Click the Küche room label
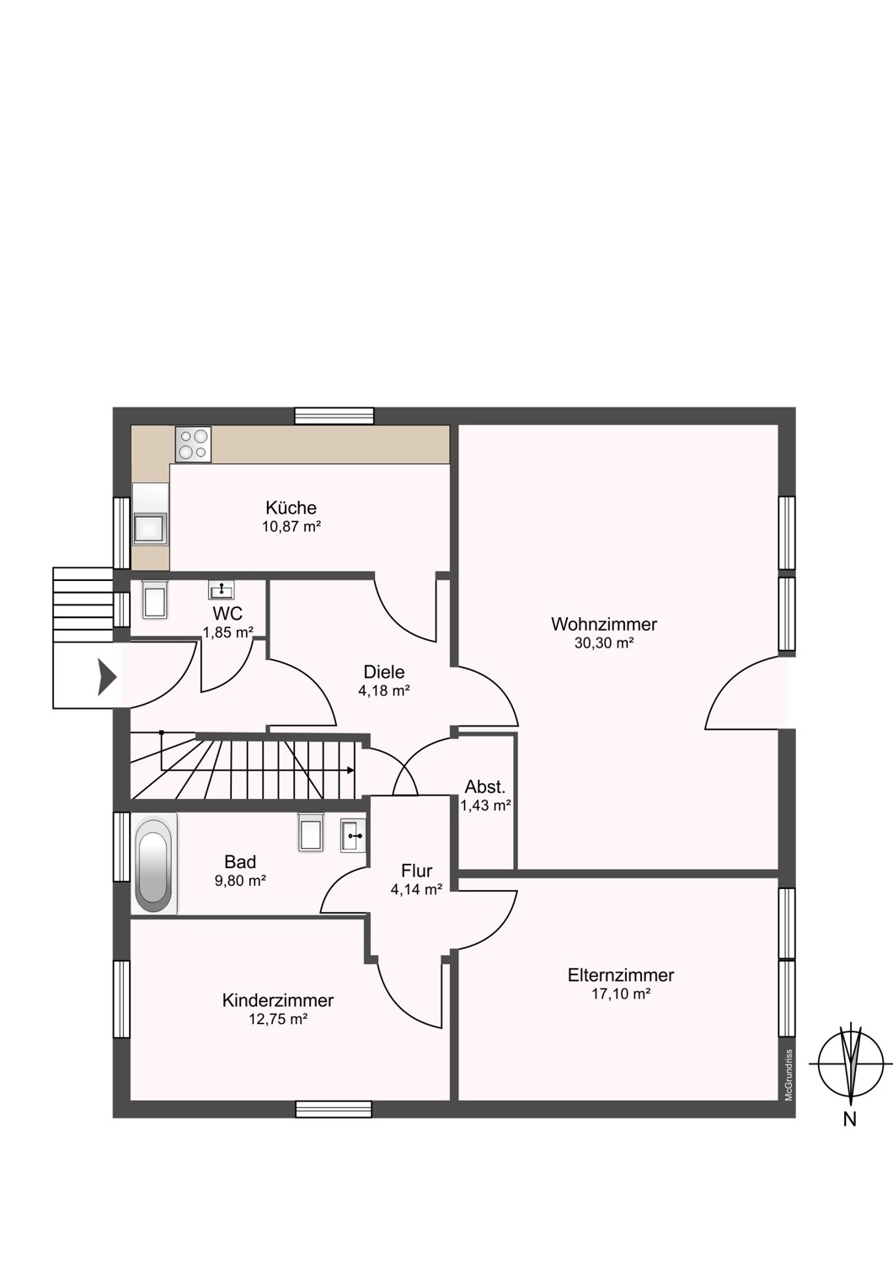291,508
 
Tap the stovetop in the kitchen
193,445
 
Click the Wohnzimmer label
604,624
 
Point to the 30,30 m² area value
604,642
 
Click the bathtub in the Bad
154,863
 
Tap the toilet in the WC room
154,600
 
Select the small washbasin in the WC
222,589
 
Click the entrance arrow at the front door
107,677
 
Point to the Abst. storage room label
485,786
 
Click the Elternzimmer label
621,975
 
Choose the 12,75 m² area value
278,1019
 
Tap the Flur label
416,871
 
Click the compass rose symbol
851,1063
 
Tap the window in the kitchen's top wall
334,416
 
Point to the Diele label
383,672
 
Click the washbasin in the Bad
353,835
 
